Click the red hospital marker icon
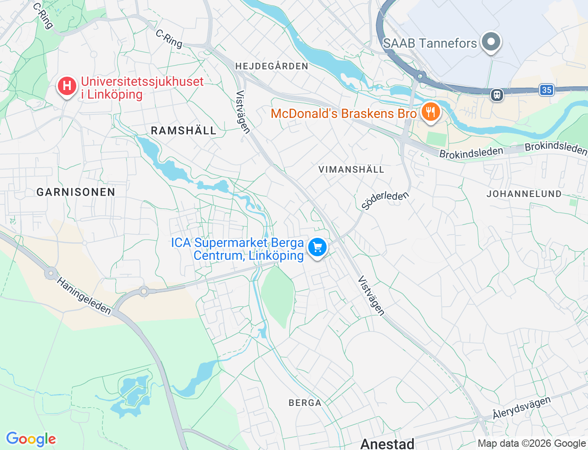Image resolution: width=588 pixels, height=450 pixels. [67, 86]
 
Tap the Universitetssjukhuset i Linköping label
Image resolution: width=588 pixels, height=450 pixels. [142, 88]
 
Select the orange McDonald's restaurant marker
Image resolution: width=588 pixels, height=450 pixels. [430, 112]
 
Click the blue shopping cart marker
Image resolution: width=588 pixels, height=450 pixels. [317, 247]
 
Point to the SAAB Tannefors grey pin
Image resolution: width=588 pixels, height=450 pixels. [491, 42]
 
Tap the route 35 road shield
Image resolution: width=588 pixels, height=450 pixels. [547, 90]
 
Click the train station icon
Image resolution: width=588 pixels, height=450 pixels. [497, 95]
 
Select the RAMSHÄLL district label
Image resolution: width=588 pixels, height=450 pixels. [184, 131]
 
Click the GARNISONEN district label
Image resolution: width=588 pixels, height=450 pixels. [76, 192]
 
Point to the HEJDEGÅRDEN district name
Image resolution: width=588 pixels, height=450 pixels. [272, 66]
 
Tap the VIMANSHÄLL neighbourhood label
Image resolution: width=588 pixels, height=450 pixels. [351, 169]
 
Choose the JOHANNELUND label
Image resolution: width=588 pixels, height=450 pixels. [524, 194]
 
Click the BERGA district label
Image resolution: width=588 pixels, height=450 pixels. [305, 403]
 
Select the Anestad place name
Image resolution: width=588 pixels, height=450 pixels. [387, 443]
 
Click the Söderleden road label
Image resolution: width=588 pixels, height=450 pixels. [385, 200]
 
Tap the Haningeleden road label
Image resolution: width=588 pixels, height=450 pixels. [84, 296]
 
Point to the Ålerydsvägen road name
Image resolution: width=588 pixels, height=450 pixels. [521, 408]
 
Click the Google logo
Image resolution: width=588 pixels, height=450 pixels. [31, 439]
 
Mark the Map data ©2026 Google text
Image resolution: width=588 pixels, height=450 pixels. [531, 443]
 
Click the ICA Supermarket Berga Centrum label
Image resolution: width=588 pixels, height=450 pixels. [237, 249]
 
